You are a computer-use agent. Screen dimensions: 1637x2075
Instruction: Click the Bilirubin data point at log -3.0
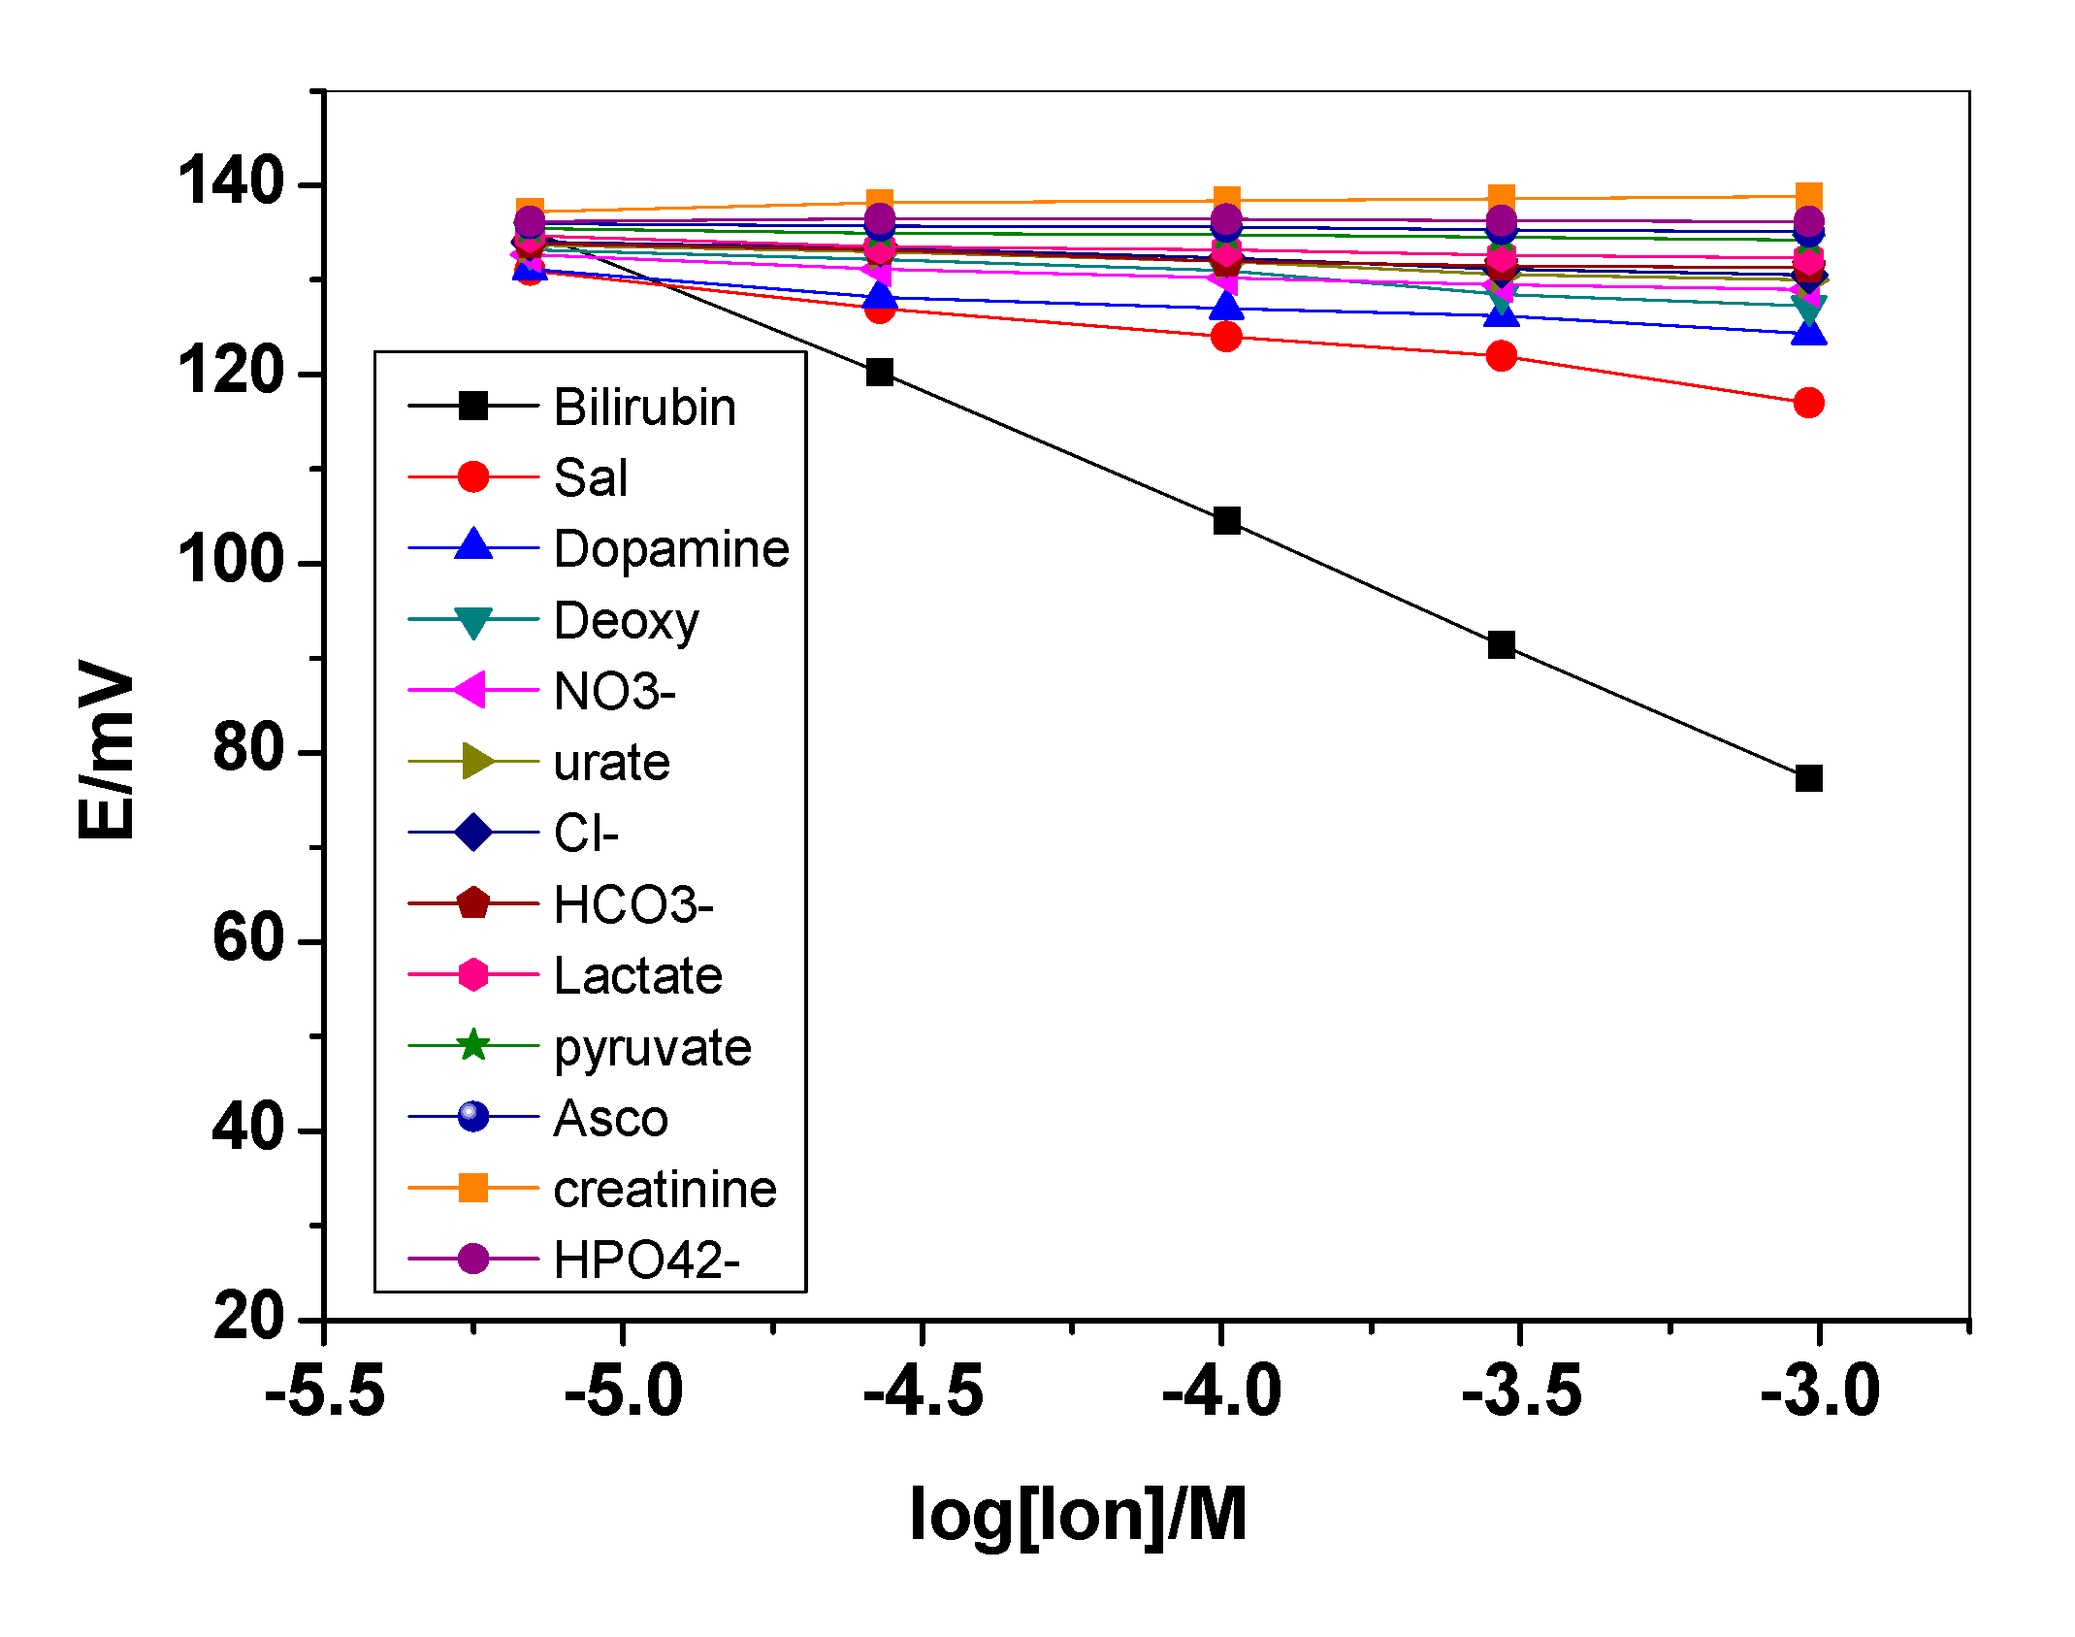pyautogui.click(x=1808, y=778)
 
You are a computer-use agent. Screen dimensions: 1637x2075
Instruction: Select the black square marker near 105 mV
pyautogui.click(x=1226, y=521)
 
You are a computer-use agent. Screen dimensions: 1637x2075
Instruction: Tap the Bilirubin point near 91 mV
pyautogui.click(x=1501, y=645)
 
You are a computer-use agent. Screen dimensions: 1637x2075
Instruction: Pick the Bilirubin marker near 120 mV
pyautogui.click(x=880, y=373)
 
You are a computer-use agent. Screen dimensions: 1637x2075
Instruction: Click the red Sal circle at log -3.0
pyautogui.click(x=1808, y=403)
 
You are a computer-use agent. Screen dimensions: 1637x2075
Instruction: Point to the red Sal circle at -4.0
pyautogui.click(x=1226, y=337)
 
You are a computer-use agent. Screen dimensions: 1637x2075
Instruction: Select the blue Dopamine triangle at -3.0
pyautogui.click(x=1808, y=334)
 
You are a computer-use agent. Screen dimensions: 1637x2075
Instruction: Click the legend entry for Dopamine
pyautogui.click(x=670, y=549)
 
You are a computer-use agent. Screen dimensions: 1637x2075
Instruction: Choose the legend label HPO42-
pyautogui.click(x=646, y=1260)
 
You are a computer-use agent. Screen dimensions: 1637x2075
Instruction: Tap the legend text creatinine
pyautogui.click(x=665, y=1190)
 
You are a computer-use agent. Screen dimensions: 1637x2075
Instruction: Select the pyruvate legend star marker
pyautogui.click(x=473, y=1046)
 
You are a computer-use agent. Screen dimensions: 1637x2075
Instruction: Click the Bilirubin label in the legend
pyautogui.click(x=644, y=408)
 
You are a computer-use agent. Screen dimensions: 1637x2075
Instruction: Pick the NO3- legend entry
pyautogui.click(x=614, y=692)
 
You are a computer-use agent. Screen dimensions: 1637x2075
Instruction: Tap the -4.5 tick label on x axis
pyautogui.click(x=923, y=1391)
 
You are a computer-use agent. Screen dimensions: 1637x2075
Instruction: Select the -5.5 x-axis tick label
pyautogui.click(x=325, y=1391)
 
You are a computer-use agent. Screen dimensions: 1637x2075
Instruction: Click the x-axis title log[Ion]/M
pyautogui.click(x=1078, y=1515)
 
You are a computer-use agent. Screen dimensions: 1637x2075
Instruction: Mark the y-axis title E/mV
pyautogui.click(x=107, y=749)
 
